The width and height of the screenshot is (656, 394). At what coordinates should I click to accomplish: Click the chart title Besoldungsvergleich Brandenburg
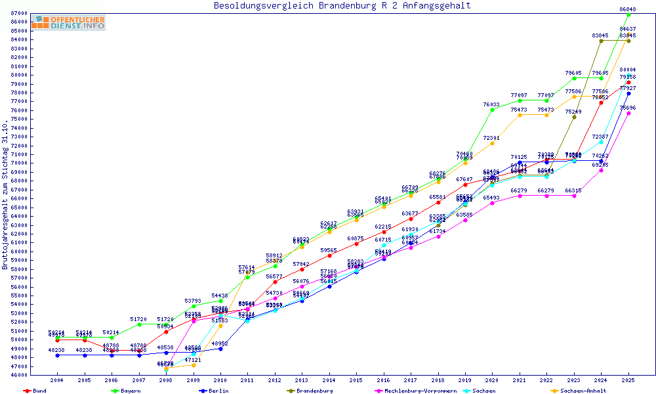[x=342, y=6]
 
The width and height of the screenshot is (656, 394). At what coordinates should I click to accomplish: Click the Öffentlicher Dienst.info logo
[x=68, y=23]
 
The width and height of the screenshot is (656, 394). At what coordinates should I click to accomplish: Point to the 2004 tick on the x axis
[x=58, y=380]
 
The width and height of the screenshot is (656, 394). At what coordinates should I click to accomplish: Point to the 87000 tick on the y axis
[x=18, y=13]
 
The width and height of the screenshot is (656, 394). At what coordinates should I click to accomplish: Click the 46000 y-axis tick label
[x=18, y=375]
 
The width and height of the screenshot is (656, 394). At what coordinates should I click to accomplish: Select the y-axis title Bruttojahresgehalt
[x=5, y=194]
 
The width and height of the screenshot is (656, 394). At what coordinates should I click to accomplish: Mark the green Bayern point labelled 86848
[x=628, y=14]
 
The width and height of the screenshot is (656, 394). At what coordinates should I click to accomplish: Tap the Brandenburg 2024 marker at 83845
[x=601, y=41]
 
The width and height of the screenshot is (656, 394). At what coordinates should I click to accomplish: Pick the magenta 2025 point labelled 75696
[x=628, y=113]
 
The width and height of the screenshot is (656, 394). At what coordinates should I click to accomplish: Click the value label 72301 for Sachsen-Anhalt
[x=492, y=138]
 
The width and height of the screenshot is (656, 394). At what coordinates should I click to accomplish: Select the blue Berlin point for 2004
[x=58, y=355]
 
